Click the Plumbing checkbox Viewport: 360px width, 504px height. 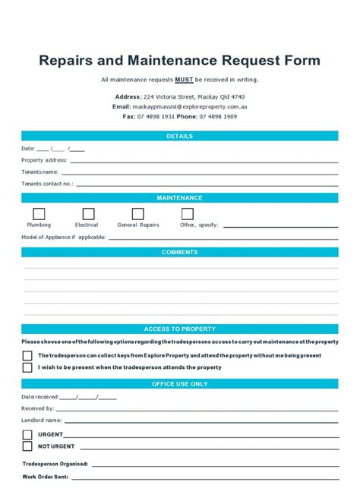39,214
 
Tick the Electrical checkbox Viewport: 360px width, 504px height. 89,214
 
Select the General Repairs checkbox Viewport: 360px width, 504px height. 137,214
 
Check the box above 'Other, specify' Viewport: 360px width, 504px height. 187,214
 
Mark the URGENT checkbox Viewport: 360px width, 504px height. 27,435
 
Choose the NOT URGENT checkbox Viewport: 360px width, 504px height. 27,446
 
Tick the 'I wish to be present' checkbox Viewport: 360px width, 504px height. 27,367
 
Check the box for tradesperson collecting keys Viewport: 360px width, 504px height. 27,355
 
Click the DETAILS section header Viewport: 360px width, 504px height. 180,137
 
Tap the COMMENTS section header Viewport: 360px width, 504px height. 180,252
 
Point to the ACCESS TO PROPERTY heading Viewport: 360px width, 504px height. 180,329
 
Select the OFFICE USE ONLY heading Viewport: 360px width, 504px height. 180,384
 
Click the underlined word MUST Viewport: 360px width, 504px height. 184,79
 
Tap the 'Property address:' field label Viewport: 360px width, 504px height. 44,160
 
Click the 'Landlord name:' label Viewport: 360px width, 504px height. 42,420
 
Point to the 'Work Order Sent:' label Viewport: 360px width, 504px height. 46,477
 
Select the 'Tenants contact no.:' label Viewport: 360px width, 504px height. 47,184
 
